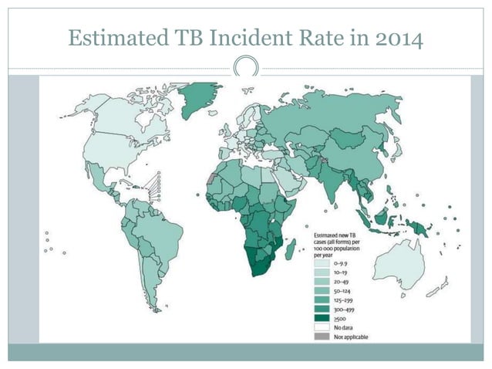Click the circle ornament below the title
coord(245,66)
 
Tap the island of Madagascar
coord(291,249)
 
